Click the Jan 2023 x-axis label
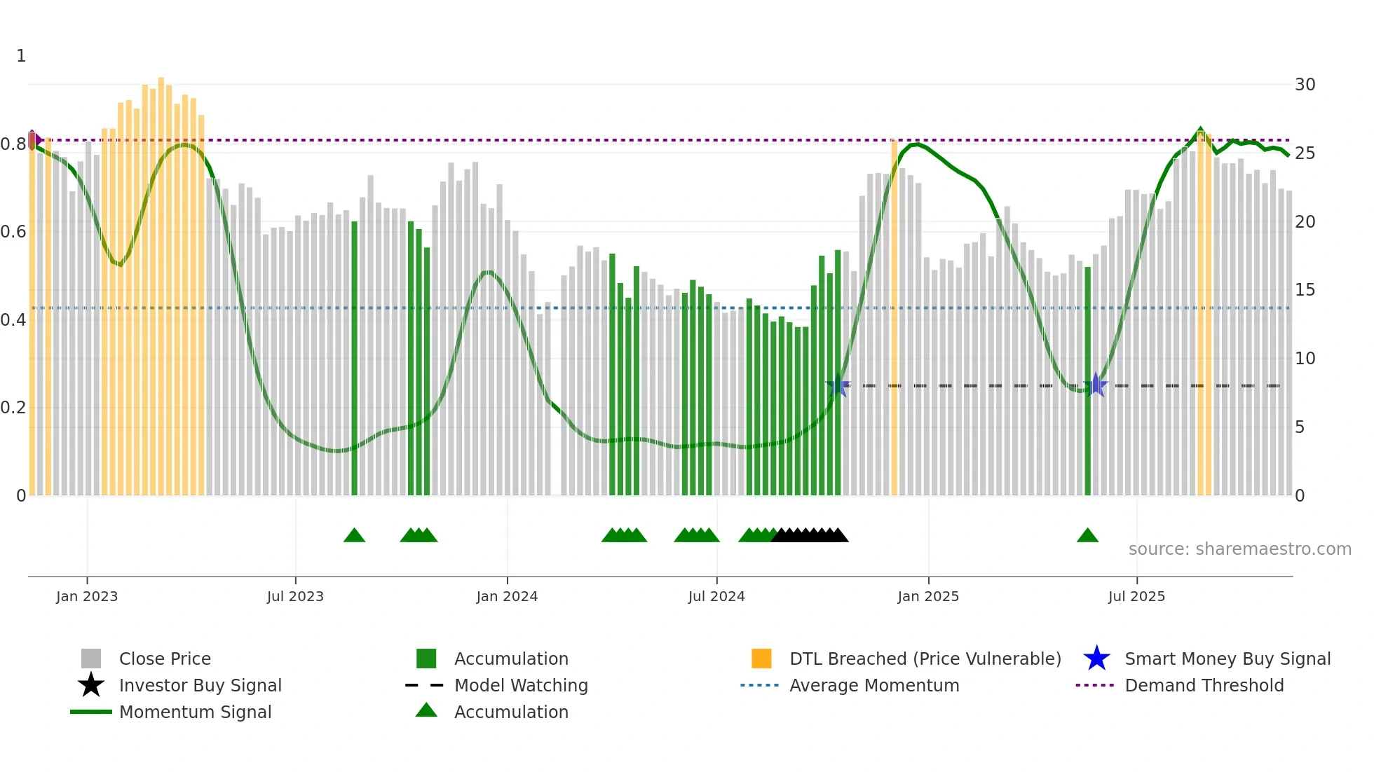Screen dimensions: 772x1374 pyautogui.click(x=87, y=596)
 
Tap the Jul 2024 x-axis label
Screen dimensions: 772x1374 pyautogui.click(x=716, y=596)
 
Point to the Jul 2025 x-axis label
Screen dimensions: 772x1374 pyautogui.click(x=1136, y=596)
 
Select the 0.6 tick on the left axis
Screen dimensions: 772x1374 pyautogui.click(x=13, y=232)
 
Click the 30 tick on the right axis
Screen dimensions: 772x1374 pyautogui.click(x=1305, y=85)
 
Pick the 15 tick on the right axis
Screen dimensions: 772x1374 pyautogui.click(x=1305, y=290)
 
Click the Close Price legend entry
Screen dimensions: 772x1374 pyautogui.click(x=164, y=659)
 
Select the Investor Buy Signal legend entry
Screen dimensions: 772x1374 pyautogui.click(x=200, y=685)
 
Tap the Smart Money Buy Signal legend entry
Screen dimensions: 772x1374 pyautogui.click(x=1227, y=659)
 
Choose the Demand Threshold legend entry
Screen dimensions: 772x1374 pyautogui.click(x=1204, y=685)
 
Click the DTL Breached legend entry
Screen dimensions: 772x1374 pyautogui.click(x=925, y=659)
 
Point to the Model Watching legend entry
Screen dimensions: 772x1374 pyautogui.click(x=520, y=685)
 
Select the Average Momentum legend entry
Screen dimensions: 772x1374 pyautogui.click(x=873, y=685)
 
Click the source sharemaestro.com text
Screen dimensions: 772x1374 pyautogui.click(x=1239, y=549)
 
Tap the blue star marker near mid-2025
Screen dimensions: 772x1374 pyautogui.click(x=1096, y=385)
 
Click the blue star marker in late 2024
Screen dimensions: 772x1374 pyautogui.click(x=838, y=385)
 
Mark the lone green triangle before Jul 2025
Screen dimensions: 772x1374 pyautogui.click(x=1087, y=536)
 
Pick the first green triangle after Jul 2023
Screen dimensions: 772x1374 pyautogui.click(x=354, y=536)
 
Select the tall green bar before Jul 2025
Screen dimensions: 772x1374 pyautogui.click(x=1087, y=382)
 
